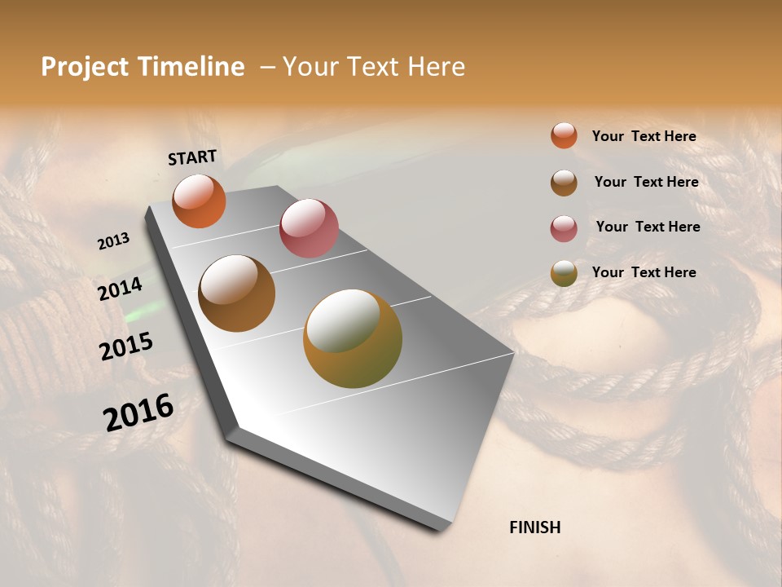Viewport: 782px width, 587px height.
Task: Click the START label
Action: (192, 157)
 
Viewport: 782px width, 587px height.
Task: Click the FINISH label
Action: (534, 527)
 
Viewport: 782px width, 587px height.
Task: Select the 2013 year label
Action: (113, 241)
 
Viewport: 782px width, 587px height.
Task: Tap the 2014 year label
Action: (120, 289)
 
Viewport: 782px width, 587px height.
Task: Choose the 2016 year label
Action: (138, 412)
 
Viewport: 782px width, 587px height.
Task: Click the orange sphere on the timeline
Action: (199, 201)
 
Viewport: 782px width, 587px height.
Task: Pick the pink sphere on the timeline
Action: (309, 228)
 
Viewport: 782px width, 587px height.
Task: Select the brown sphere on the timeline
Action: (236, 293)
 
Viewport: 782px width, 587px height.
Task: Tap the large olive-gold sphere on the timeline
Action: (353, 338)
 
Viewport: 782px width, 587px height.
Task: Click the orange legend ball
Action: (564, 136)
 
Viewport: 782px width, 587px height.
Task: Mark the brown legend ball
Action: (564, 183)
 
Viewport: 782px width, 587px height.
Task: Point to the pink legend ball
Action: (564, 228)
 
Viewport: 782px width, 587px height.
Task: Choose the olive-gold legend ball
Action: (564, 274)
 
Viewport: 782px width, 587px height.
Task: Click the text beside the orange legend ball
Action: (644, 136)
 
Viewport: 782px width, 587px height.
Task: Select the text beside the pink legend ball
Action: (648, 227)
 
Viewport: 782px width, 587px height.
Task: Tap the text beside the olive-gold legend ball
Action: (644, 272)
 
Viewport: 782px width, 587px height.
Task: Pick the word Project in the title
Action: (84, 67)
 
